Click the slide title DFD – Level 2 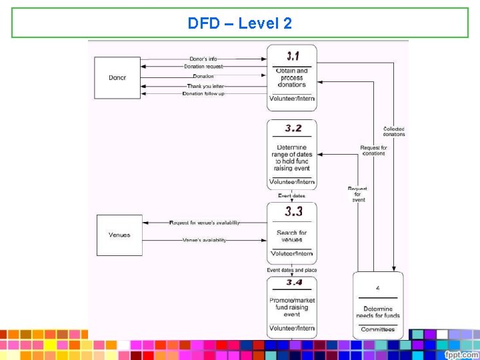tap(240, 23)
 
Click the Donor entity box tap(117, 78)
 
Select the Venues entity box tap(119, 235)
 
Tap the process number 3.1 tap(292, 56)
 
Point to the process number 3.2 tap(292, 129)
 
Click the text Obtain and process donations tap(292, 78)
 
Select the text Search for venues tap(292, 236)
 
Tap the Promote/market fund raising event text tap(292, 307)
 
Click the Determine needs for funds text tap(378, 313)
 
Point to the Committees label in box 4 tap(378, 329)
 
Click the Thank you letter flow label tap(205, 85)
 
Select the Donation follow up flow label tap(203, 94)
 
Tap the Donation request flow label tap(203, 67)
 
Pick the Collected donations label tap(394, 131)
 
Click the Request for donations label tap(373, 151)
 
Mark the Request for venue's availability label tap(205, 223)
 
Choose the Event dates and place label tap(292, 270)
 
